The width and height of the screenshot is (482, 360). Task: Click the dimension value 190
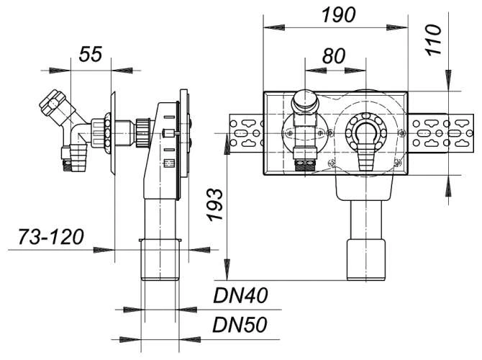(x=338, y=15)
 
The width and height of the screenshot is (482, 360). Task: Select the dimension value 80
(x=334, y=56)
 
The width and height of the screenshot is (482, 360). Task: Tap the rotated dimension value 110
(x=433, y=40)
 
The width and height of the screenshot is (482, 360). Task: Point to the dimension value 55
(x=91, y=54)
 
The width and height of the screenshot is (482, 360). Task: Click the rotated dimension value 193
(x=214, y=204)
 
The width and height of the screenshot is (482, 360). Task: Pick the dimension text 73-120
(x=51, y=237)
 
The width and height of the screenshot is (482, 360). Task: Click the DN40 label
(x=240, y=295)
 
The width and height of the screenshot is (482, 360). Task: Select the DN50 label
(x=240, y=325)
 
